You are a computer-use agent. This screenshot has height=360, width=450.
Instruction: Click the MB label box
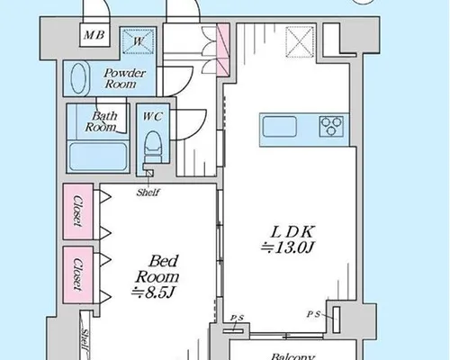point(94,35)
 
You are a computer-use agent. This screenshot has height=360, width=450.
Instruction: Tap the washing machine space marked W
point(139,41)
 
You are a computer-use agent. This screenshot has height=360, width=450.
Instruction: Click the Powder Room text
point(123,78)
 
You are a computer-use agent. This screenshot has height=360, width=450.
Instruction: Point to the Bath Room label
point(102,121)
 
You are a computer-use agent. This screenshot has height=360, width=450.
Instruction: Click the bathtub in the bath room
point(98,157)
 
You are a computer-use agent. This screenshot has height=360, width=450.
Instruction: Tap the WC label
point(153,116)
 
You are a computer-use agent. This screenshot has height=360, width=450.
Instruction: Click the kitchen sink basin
point(280,127)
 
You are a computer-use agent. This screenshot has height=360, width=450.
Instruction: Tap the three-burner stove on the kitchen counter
point(331,126)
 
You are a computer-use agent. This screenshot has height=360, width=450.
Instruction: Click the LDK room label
point(292,232)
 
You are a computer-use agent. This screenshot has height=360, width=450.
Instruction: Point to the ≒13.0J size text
point(287,247)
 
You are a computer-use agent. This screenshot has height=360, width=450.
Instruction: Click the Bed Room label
point(157,269)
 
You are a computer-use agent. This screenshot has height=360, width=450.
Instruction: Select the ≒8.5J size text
point(153,292)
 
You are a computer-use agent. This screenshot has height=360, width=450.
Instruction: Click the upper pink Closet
point(78,211)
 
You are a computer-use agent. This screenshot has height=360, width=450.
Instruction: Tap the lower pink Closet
point(78,274)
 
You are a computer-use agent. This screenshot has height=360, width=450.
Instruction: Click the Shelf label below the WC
point(148,193)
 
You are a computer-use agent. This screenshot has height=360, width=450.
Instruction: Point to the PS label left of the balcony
point(237,319)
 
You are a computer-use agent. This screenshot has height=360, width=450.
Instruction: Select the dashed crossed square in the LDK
point(301,41)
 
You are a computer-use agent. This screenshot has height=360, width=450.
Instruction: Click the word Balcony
point(292,356)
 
